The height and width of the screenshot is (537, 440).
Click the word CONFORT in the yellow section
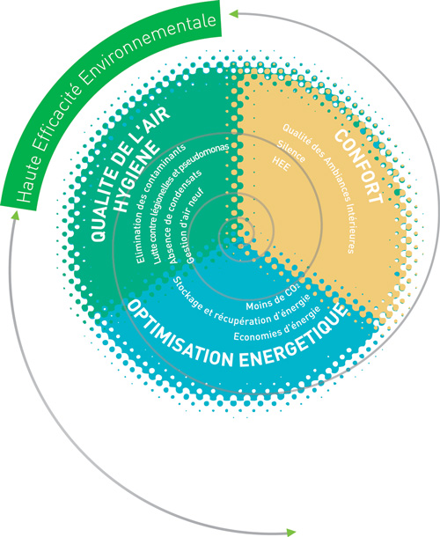click(x=358, y=166)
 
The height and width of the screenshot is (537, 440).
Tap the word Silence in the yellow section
click(x=291, y=151)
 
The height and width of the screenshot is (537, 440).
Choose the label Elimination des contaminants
click(x=159, y=203)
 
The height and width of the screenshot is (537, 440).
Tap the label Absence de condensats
click(x=185, y=216)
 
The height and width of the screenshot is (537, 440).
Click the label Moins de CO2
click(x=273, y=297)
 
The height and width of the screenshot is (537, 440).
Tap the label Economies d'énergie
click(x=277, y=325)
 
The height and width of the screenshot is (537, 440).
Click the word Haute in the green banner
click(x=28, y=181)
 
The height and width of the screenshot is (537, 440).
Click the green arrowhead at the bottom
click(x=291, y=532)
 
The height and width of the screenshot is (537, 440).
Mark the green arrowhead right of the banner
click(x=233, y=13)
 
